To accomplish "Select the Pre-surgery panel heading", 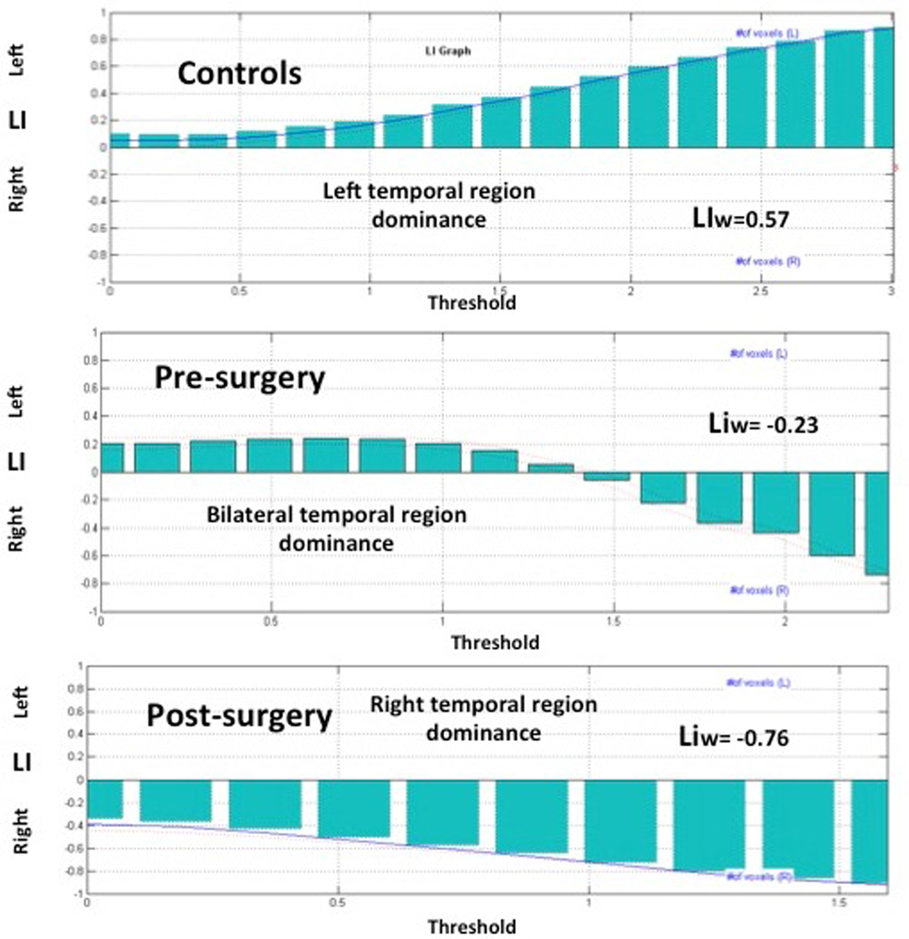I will coord(240,378).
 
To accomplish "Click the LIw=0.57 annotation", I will coord(741,219).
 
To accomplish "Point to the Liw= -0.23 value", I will coord(763,424).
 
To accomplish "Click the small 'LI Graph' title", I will coord(448,51).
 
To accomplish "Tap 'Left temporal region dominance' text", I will coord(429,205).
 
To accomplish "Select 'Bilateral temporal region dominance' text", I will coord(337,529).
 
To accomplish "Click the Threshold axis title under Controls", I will coord(472,303).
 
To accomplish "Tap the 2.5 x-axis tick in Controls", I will coord(760,291).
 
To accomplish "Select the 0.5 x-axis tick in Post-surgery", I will coord(338,903).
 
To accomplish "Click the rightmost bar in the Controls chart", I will coord(884,87).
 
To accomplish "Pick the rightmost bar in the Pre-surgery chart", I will coord(877,523).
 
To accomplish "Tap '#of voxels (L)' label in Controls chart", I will coord(767,33).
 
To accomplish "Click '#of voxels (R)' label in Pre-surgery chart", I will coord(759,590).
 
